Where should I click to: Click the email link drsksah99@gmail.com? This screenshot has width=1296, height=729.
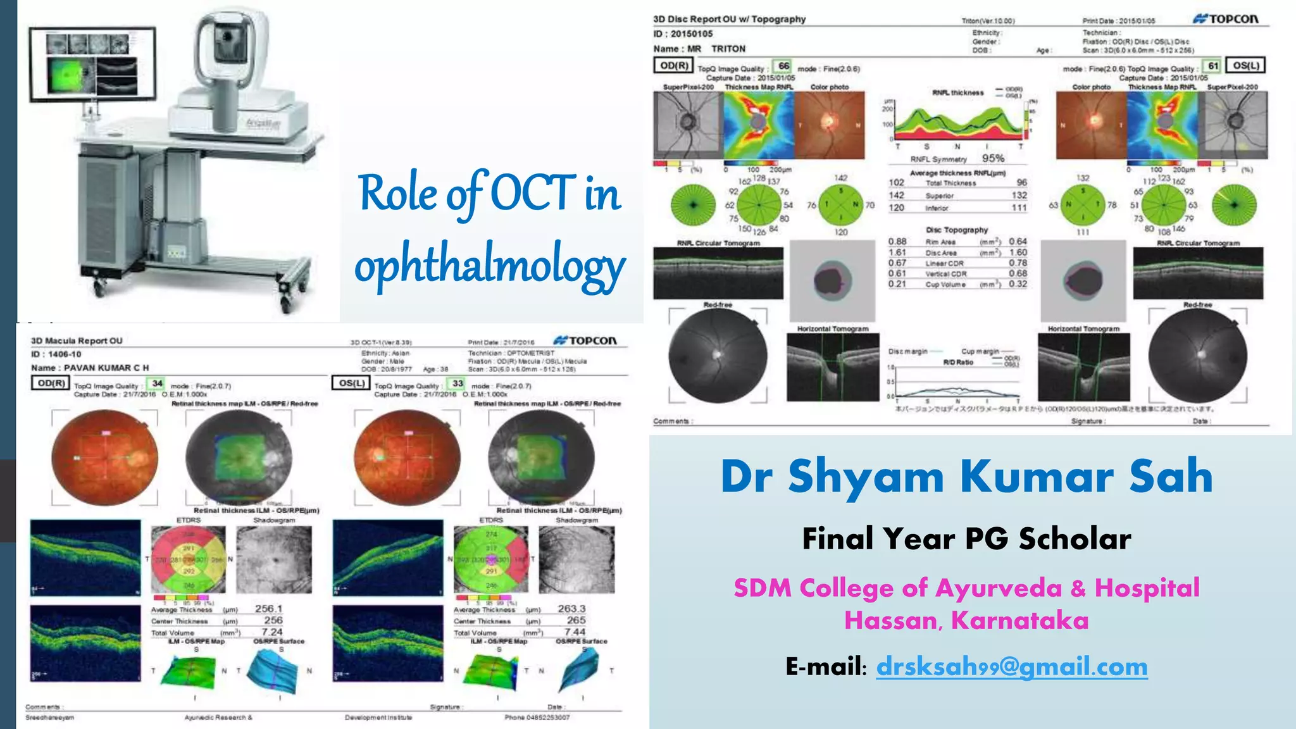tap(1011, 667)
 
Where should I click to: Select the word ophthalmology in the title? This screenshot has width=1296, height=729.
tap(490, 266)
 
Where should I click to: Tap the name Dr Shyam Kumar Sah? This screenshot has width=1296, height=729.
tap(966, 476)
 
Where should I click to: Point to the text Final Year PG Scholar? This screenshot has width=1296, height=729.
tap(966, 539)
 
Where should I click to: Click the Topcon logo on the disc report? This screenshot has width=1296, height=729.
tap(1226, 19)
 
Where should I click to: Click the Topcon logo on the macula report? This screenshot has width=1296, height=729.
tap(585, 340)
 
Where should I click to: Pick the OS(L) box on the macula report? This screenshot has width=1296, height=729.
tap(351, 383)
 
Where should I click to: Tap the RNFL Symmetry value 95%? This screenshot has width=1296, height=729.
tap(993, 158)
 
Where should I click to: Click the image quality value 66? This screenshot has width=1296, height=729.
tap(783, 66)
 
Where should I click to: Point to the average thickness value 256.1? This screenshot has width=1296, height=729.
tap(268, 609)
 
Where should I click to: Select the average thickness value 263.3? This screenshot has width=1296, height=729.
tap(571, 609)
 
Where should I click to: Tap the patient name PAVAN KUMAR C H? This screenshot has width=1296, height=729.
tap(106, 368)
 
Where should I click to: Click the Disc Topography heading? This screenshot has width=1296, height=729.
tap(957, 230)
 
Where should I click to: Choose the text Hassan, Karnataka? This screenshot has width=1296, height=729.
tap(966, 621)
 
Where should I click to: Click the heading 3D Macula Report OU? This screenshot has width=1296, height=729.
tap(77, 341)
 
